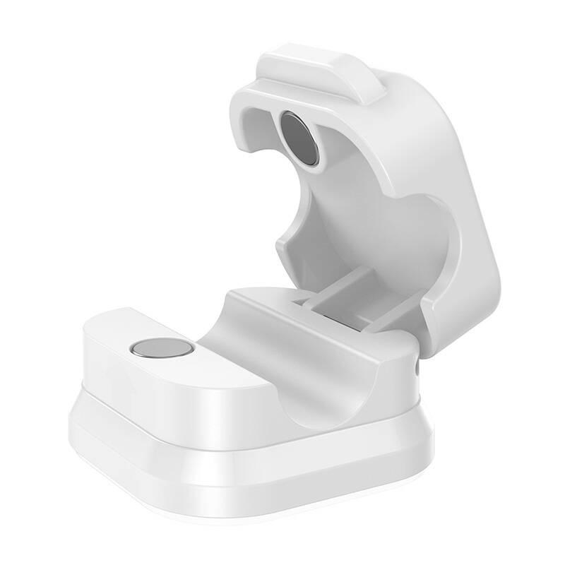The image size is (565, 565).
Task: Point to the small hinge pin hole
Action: click(417, 367)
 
